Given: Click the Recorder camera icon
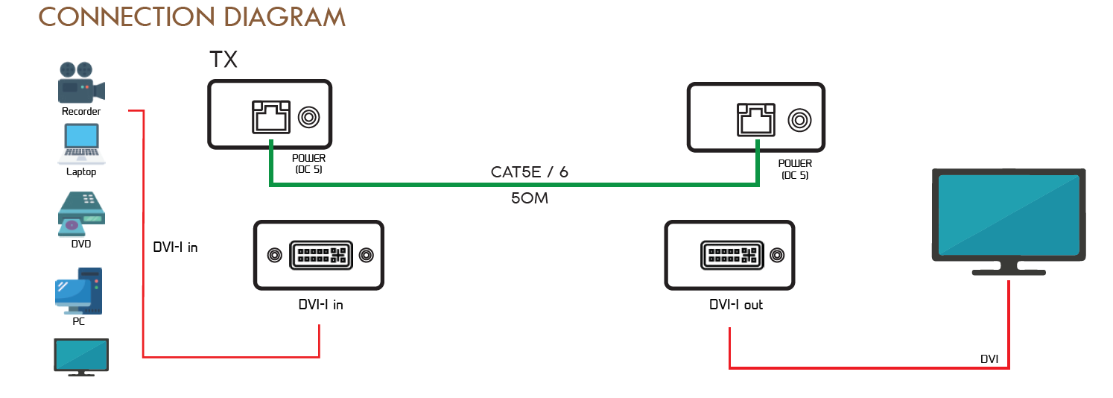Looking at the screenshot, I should click(x=81, y=83).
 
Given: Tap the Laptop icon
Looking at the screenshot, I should click(x=81, y=144).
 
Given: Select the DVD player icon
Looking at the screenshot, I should click(x=81, y=212).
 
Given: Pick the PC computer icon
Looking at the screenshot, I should click(x=79, y=291).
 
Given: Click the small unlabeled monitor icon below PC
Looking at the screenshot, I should click(x=81, y=356).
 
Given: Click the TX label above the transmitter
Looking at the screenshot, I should click(x=223, y=60).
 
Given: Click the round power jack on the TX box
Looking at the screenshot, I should click(x=308, y=118).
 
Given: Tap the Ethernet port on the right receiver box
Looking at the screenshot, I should click(x=755, y=120).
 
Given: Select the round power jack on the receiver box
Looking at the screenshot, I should click(x=799, y=119).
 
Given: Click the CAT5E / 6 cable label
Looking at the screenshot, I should click(x=529, y=172).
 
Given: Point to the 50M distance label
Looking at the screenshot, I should click(x=530, y=199).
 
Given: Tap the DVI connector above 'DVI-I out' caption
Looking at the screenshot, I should click(x=731, y=255).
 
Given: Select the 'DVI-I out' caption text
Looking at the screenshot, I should click(x=735, y=305).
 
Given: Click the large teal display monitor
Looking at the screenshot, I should click(x=1007, y=215).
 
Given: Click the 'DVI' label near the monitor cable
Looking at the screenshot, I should click(x=989, y=359).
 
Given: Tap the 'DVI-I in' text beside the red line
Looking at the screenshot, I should click(x=175, y=247).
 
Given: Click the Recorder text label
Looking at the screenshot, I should click(x=81, y=112).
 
